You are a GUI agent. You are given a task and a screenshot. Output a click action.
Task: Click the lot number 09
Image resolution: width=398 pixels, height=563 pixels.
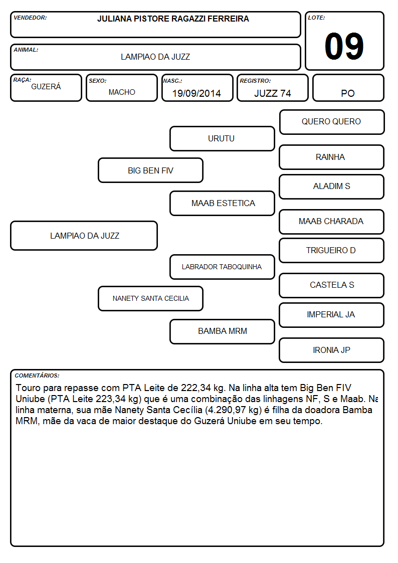coord(344,46)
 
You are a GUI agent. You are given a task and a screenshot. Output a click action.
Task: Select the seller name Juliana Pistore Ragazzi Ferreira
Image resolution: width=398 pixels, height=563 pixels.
coord(173,19)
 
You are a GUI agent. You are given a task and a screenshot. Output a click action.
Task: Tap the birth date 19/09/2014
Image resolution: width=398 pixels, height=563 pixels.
coord(196,93)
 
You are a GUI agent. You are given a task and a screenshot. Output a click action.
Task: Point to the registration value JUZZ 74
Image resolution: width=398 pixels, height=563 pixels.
coord(272,93)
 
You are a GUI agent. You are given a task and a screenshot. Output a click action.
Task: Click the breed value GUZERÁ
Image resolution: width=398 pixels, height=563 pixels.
coord(46,87)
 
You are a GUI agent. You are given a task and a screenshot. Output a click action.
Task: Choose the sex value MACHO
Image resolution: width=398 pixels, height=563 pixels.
coord(122,92)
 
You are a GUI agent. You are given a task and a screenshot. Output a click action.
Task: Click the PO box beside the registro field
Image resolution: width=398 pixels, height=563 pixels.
coord(348,88)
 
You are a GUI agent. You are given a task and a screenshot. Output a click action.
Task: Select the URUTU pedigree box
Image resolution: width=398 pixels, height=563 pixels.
coord(222,138)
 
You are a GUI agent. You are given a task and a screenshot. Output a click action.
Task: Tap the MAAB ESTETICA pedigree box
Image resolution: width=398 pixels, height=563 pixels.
coord(222,203)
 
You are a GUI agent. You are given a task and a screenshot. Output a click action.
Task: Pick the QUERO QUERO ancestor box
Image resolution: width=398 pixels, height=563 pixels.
coord(332,122)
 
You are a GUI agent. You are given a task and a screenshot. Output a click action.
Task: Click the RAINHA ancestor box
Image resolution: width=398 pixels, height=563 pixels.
coord(332,157)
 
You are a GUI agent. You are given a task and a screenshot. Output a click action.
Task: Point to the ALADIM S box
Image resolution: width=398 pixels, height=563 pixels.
coord(332,186)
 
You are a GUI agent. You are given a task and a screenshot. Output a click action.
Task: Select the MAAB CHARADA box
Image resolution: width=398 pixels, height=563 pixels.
coord(332,222)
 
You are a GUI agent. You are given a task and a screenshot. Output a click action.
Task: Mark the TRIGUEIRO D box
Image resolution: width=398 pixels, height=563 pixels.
coord(332,250)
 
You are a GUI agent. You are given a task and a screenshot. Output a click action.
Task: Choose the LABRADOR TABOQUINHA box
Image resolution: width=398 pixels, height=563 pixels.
coord(222,267)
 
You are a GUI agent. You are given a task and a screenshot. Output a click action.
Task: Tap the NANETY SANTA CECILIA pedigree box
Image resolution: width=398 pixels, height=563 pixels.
coord(151,298)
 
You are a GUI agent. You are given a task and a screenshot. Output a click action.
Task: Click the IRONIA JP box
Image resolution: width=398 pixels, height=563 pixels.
coord(332,350)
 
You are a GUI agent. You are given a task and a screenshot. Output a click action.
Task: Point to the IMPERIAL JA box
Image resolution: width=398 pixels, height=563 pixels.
coord(332,315)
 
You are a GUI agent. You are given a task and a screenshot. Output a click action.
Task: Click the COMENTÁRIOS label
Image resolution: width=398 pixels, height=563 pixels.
coord(37,376)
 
